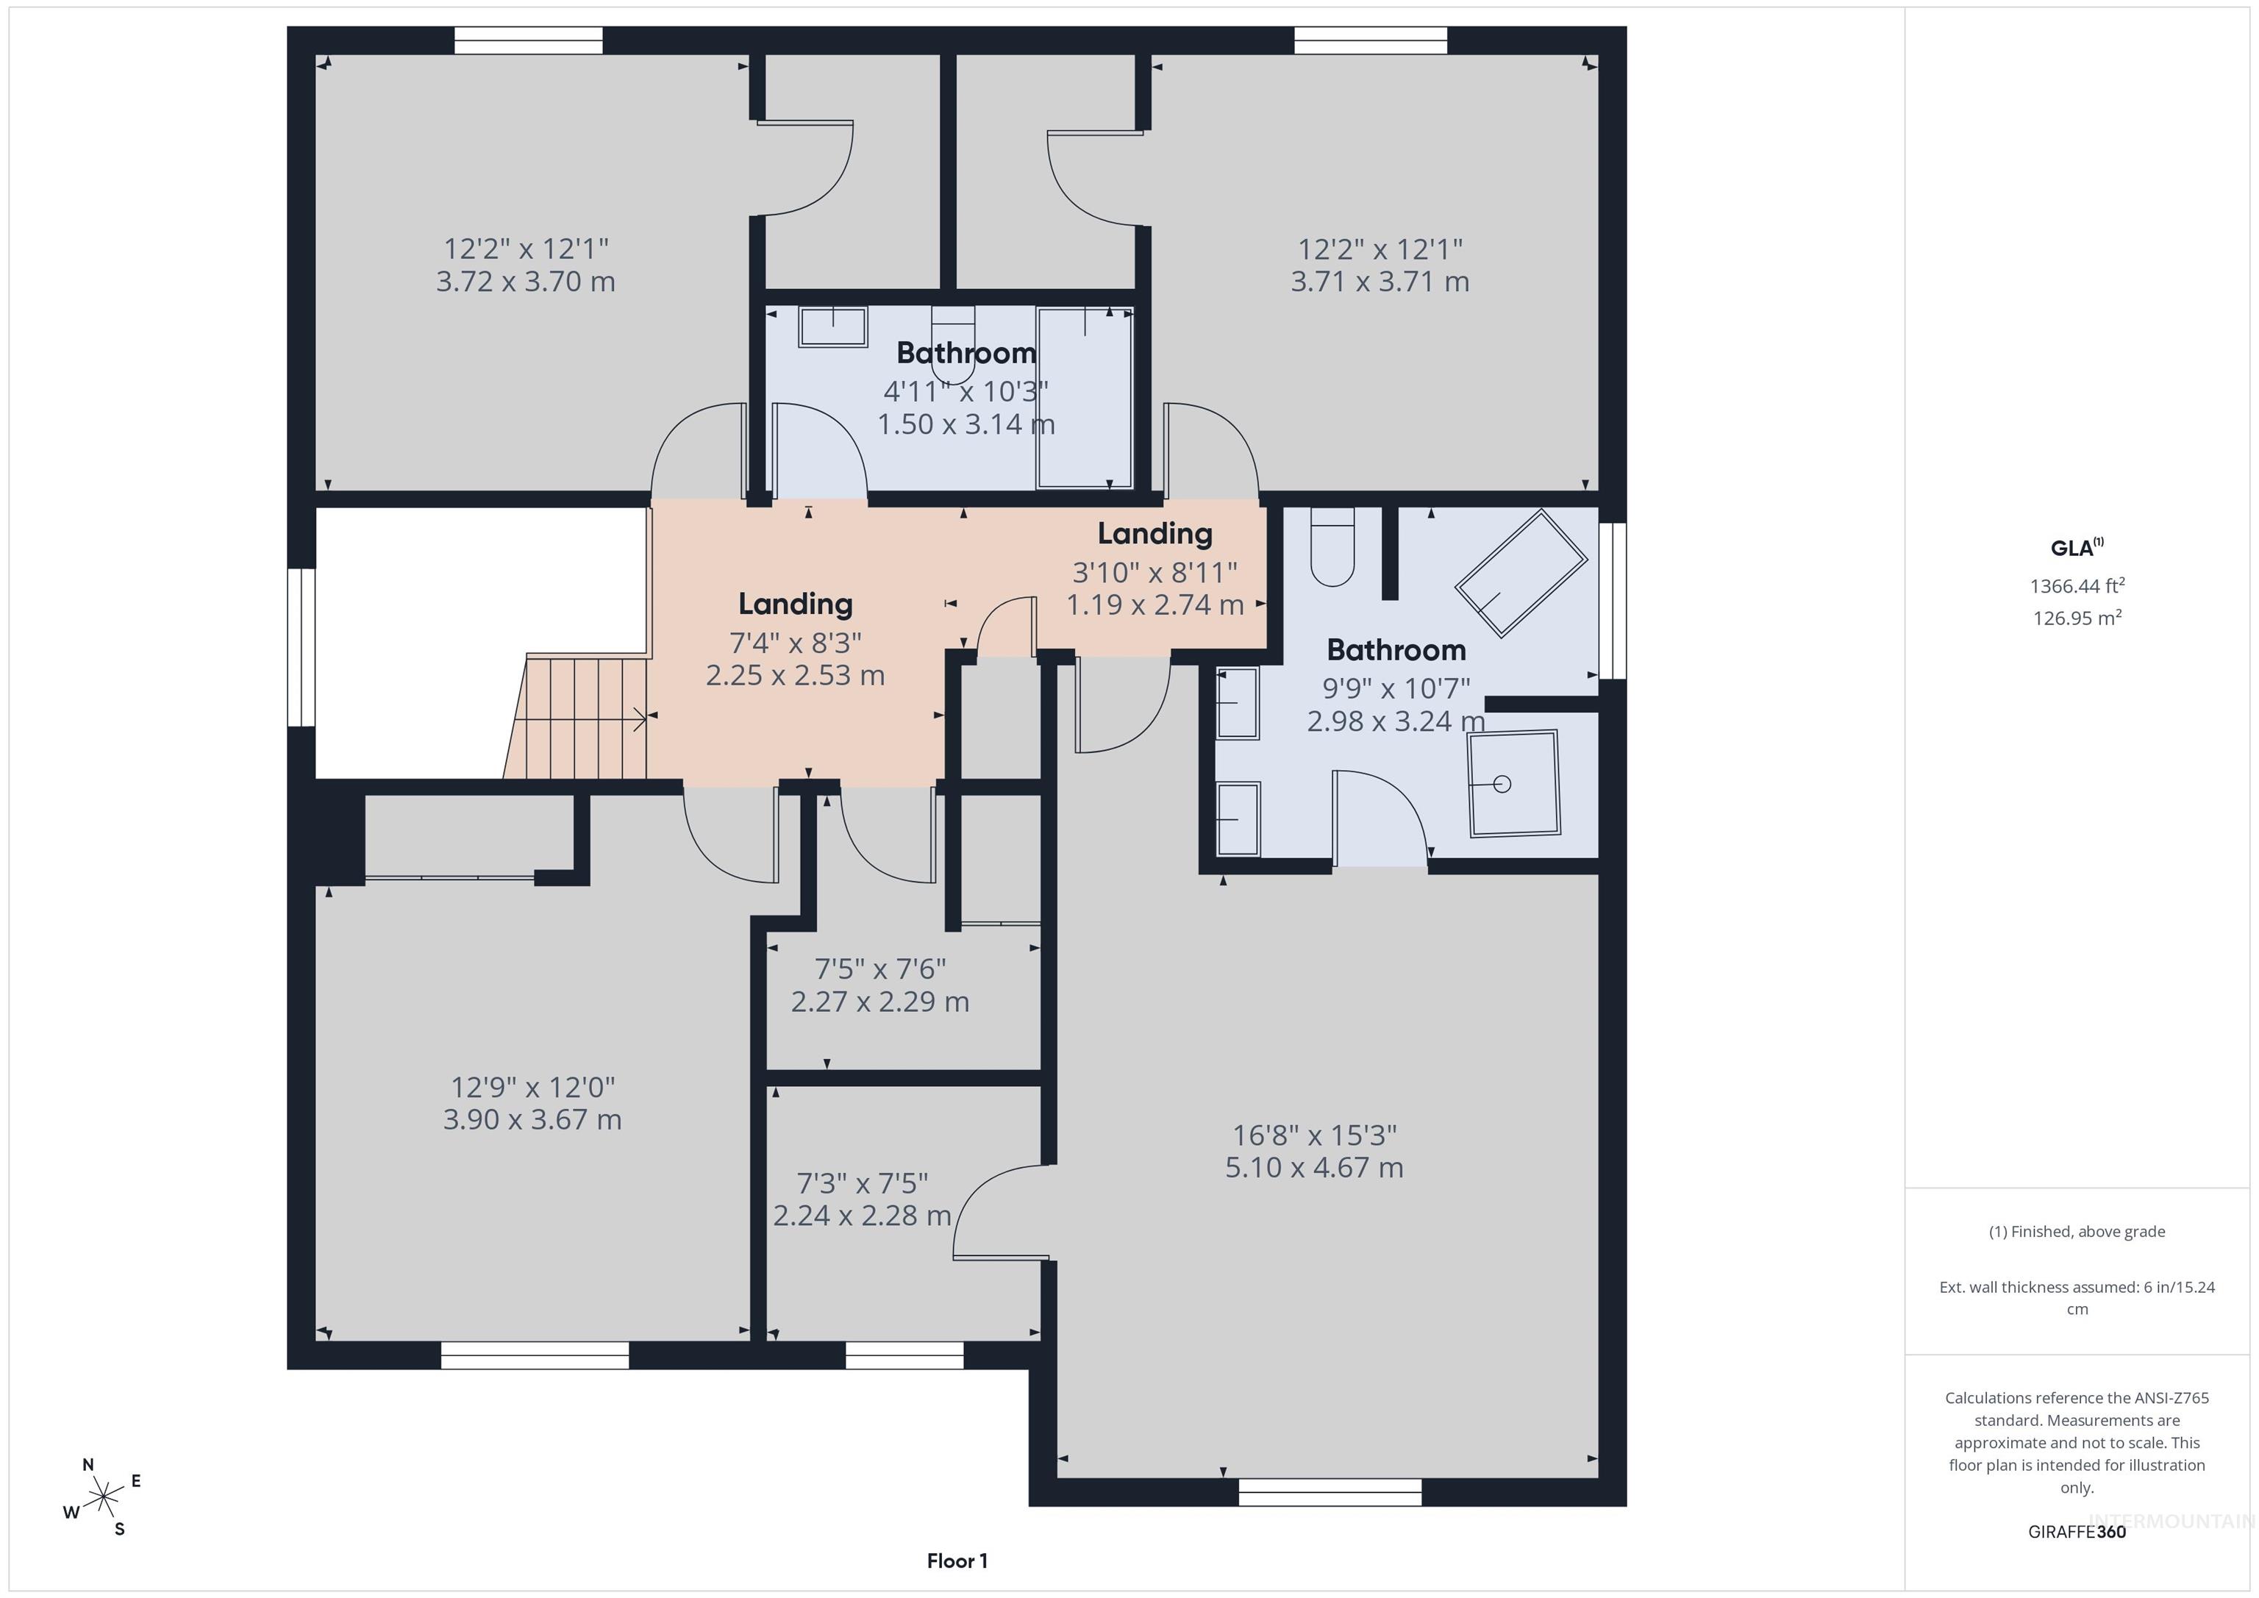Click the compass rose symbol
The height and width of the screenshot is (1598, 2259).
click(102, 1498)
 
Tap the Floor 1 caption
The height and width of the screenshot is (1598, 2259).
click(957, 1560)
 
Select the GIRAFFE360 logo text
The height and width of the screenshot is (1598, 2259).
click(2077, 1531)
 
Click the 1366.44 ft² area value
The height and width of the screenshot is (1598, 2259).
click(2077, 585)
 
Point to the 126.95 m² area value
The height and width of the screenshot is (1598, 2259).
click(2077, 617)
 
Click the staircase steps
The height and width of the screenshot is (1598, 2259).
click(577, 718)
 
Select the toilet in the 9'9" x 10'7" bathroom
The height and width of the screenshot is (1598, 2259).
click(1332, 547)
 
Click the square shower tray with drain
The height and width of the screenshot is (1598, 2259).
click(1514, 783)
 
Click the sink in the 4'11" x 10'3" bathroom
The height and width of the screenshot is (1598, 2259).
click(832, 327)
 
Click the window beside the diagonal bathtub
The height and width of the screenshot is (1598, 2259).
click(1613, 600)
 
